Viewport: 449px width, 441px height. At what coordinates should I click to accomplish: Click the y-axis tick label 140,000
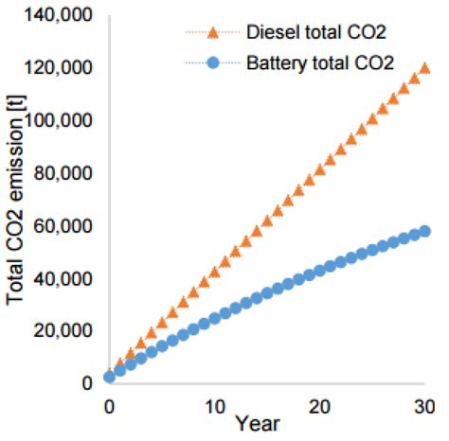pos(62,15)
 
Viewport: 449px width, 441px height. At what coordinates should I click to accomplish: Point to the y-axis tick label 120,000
pos(62,68)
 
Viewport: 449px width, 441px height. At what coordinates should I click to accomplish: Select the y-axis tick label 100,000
pos(62,121)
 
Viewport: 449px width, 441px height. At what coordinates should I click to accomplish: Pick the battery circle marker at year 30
pos(425,231)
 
